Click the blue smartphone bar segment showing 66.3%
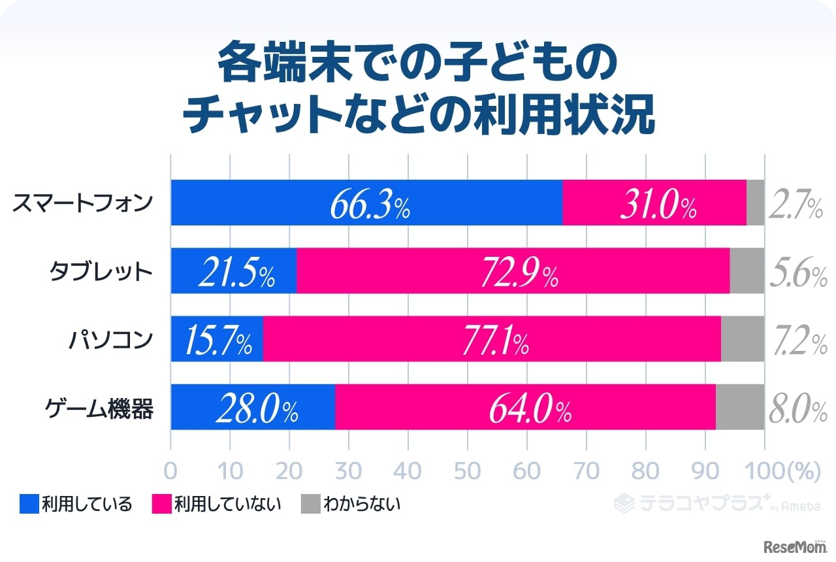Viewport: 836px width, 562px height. (366, 203)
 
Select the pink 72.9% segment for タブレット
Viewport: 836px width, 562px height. (513, 271)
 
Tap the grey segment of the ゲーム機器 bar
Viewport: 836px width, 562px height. (740, 407)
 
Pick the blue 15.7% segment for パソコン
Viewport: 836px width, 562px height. (217, 339)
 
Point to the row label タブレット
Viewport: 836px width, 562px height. (101, 271)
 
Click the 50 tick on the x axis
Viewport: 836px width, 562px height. (468, 471)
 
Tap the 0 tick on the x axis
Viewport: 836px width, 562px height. (170, 471)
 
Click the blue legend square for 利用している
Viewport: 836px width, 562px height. (29, 504)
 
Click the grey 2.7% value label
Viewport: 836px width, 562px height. (795, 204)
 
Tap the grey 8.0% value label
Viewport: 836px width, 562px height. (797, 408)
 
